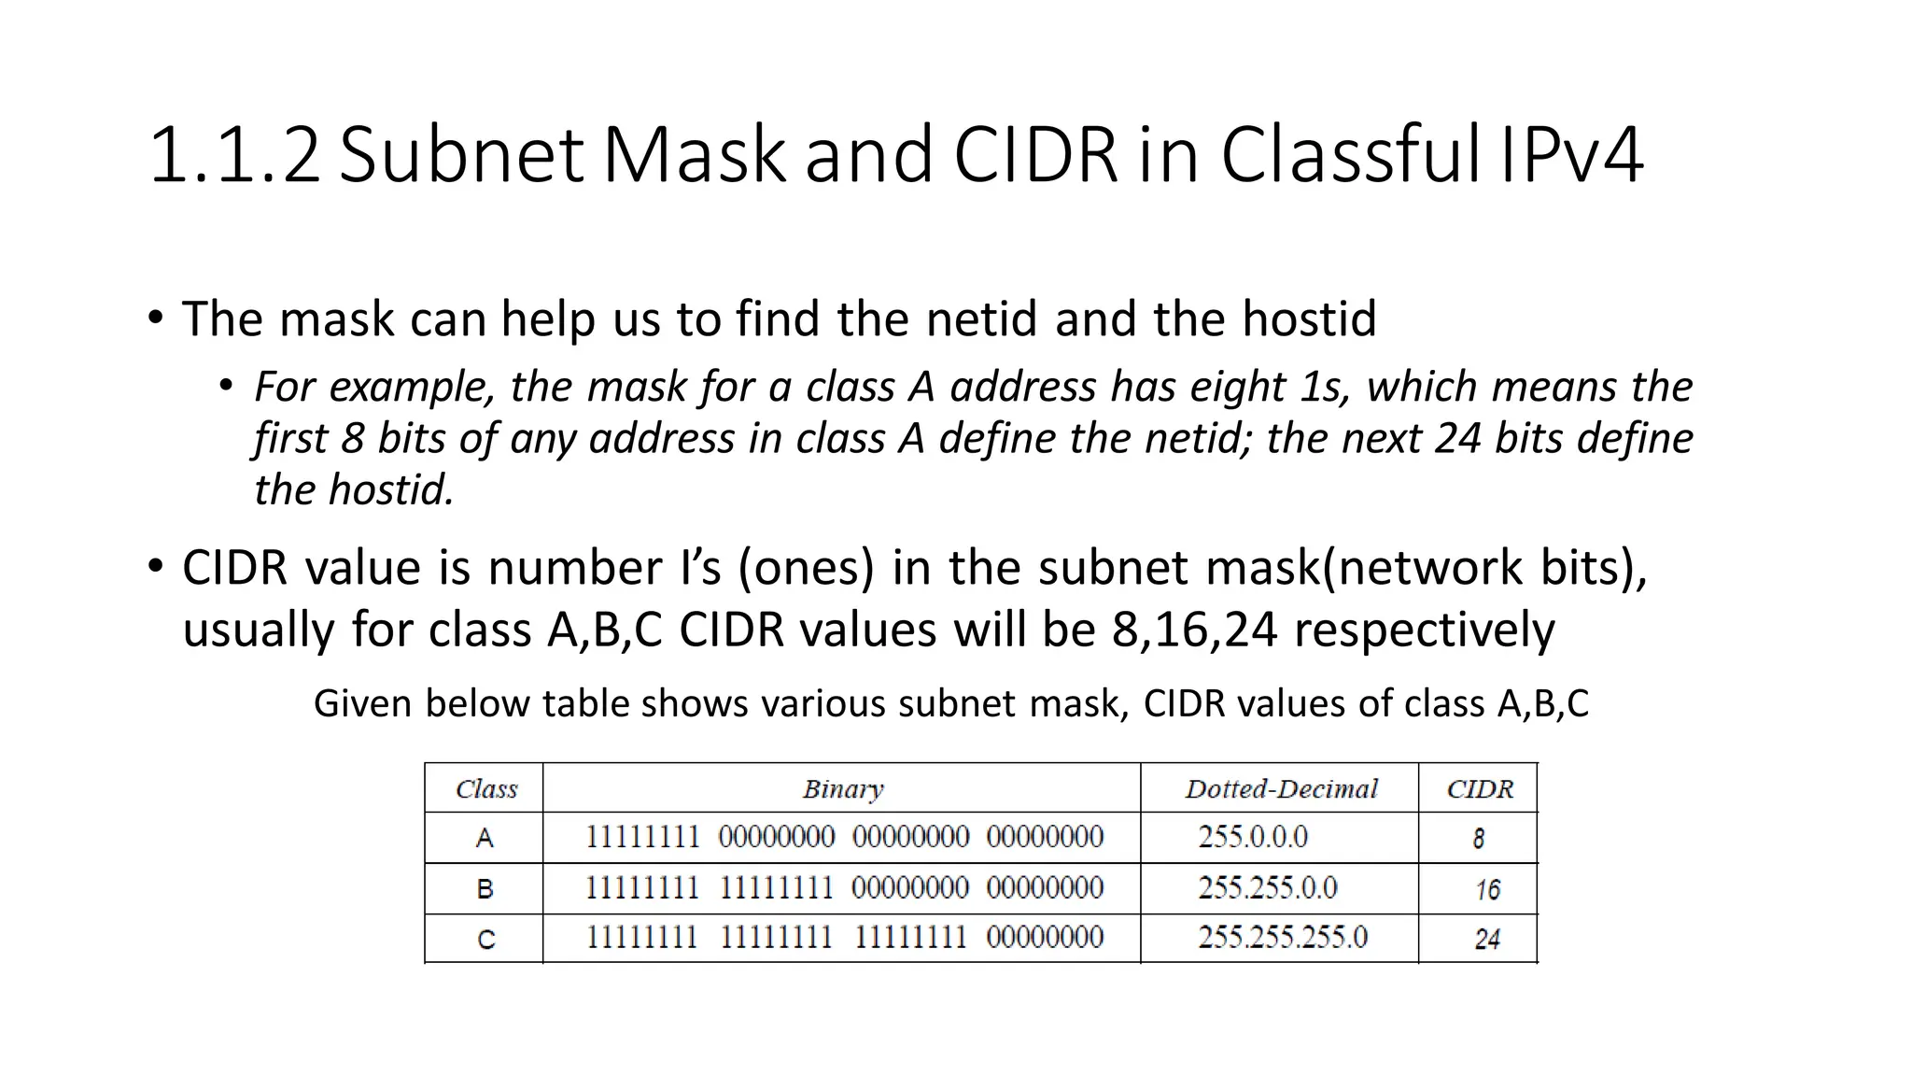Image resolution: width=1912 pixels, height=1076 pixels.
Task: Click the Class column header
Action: (485, 789)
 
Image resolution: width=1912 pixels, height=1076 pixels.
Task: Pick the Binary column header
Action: (842, 789)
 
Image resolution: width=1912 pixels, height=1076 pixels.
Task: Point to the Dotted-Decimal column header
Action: (1281, 789)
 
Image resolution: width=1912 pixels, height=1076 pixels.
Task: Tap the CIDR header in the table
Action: (1479, 789)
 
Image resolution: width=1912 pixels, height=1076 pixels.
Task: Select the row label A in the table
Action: (485, 838)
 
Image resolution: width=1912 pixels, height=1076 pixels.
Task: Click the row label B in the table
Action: (485, 888)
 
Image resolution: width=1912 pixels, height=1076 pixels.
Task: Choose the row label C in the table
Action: (485, 939)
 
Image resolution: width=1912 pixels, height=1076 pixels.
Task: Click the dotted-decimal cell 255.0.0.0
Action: (1253, 837)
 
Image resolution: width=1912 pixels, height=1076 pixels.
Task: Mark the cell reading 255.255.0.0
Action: (1267, 887)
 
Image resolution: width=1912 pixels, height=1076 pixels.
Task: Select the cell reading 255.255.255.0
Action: (1282, 937)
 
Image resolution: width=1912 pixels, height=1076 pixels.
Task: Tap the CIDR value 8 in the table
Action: (1479, 839)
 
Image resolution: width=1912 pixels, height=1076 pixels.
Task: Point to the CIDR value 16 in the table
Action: (1487, 889)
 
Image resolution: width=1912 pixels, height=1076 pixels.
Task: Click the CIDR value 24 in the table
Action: (1487, 939)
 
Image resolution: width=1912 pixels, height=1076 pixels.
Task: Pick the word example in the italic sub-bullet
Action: (410, 387)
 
